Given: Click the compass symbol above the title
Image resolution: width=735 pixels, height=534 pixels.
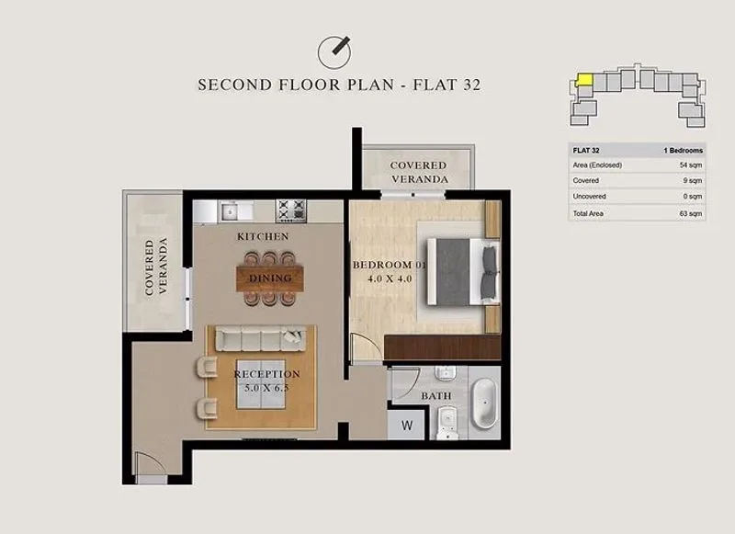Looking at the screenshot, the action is click(334, 52).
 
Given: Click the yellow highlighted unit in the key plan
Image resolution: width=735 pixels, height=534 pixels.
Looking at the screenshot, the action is click(584, 79).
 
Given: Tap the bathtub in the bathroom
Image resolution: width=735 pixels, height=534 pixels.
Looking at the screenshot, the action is click(485, 403).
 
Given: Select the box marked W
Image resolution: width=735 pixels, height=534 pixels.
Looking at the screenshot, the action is click(406, 426).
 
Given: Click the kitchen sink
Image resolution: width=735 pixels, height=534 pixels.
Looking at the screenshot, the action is click(231, 211).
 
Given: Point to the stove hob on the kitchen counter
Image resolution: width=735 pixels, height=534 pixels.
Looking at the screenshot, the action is click(291, 210).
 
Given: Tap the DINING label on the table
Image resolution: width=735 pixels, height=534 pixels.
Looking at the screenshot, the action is click(270, 278).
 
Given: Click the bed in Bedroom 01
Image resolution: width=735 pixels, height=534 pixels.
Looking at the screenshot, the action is click(463, 271).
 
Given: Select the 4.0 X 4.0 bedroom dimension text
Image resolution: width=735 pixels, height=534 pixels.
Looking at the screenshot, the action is click(390, 279).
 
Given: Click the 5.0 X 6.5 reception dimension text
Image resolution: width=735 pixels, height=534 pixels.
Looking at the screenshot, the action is click(266, 388).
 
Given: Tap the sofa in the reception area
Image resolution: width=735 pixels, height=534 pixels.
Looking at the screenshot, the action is click(261, 338).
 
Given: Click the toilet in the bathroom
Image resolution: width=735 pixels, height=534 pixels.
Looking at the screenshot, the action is click(447, 423).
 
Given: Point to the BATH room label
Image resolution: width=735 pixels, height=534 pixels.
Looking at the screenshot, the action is click(435, 396).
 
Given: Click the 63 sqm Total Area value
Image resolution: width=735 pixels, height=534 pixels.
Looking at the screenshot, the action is click(691, 214).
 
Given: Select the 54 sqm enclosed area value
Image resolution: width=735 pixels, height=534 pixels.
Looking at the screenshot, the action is click(691, 165).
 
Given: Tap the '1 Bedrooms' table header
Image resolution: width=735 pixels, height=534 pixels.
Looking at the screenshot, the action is click(683, 151).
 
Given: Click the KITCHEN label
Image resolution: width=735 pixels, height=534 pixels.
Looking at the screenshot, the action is click(263, 237).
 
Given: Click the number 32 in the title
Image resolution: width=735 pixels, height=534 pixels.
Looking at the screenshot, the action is click(472, 85).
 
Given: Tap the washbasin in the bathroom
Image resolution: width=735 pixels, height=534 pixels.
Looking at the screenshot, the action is click(446, 373).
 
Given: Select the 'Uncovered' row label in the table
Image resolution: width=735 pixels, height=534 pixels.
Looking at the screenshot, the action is click(589, 197).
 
